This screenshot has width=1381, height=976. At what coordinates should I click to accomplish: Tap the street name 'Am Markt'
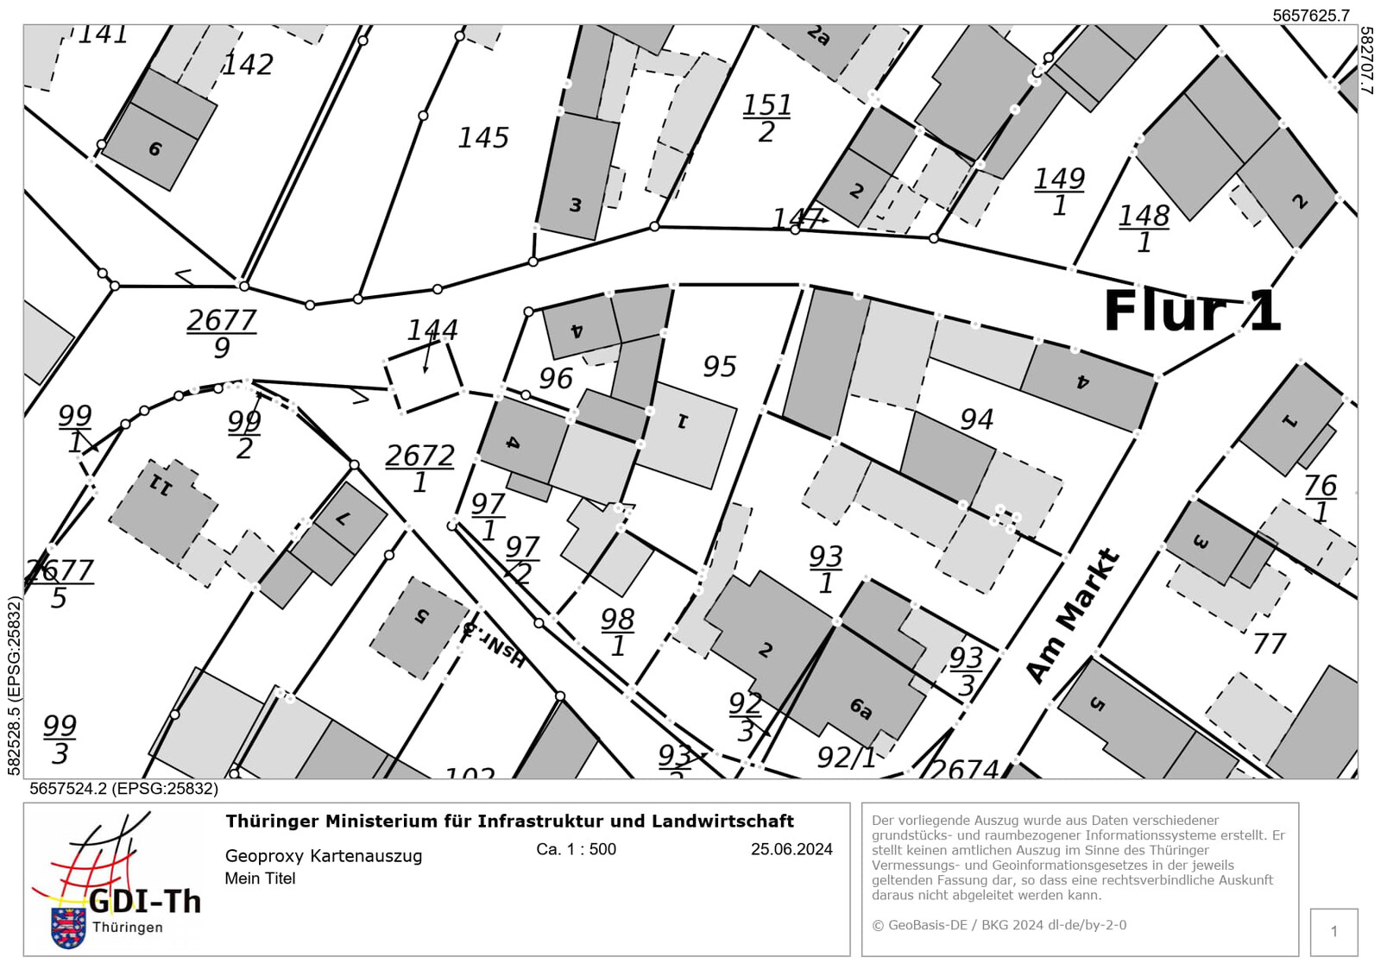[x=1073, y=615]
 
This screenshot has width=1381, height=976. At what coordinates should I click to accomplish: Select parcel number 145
[x=483, y=138]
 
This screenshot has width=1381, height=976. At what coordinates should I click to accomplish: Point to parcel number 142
[x=248, y=65]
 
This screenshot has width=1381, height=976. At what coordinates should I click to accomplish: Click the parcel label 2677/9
[x=222, y=333]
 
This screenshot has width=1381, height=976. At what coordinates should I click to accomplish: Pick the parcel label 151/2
[x=766, y=118]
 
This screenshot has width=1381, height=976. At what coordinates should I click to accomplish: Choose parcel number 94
[x=977, y=419]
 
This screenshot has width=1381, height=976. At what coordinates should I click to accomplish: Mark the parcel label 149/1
[x=1059, y=192]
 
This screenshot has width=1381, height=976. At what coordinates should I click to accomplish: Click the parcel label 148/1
[x=1144, y=229]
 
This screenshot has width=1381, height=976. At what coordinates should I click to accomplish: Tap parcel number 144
[x=432, y=330]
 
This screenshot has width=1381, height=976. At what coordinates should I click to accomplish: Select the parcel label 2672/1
[x=419, y=468]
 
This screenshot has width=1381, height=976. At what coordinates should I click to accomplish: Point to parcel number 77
[x=1269, y=643]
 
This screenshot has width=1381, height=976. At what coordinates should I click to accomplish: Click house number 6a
[x=861, y=708]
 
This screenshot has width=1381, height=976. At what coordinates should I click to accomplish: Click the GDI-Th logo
[x=116, y=880]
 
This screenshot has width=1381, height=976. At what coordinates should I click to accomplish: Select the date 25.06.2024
[x=791, y=849]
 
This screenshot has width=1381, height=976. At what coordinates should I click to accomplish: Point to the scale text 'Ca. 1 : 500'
[x=576, y=849]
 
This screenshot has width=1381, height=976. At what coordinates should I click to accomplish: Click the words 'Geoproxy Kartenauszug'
[x=324, y=856]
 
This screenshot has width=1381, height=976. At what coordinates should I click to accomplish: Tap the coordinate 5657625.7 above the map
[x=1310, y=16]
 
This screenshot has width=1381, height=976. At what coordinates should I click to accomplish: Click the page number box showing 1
[x=1334, y=932]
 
